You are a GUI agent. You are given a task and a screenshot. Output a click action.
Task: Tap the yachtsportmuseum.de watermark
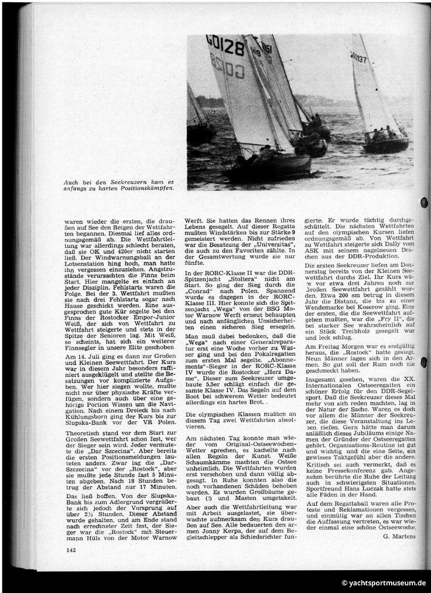tap(384, 583)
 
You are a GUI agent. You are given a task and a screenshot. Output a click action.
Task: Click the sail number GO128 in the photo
tap(225, 45)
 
